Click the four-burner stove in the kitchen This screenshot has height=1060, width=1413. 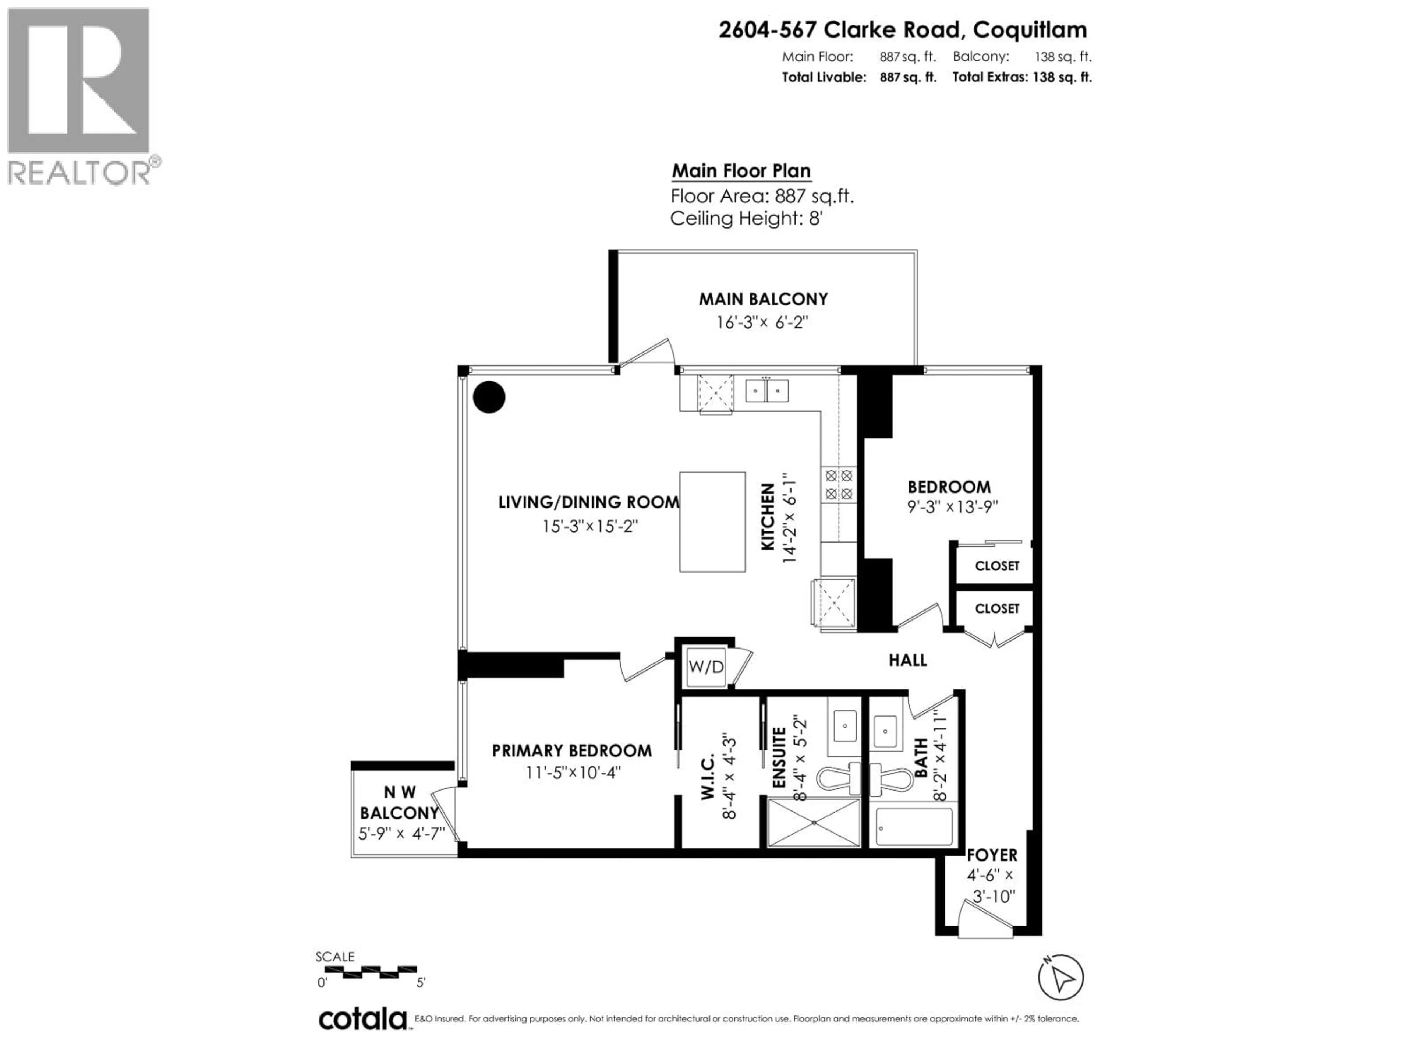[x=838, y=484]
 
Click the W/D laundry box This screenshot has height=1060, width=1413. [x=706, y=667]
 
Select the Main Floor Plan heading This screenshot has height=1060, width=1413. [x=741, y=171]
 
